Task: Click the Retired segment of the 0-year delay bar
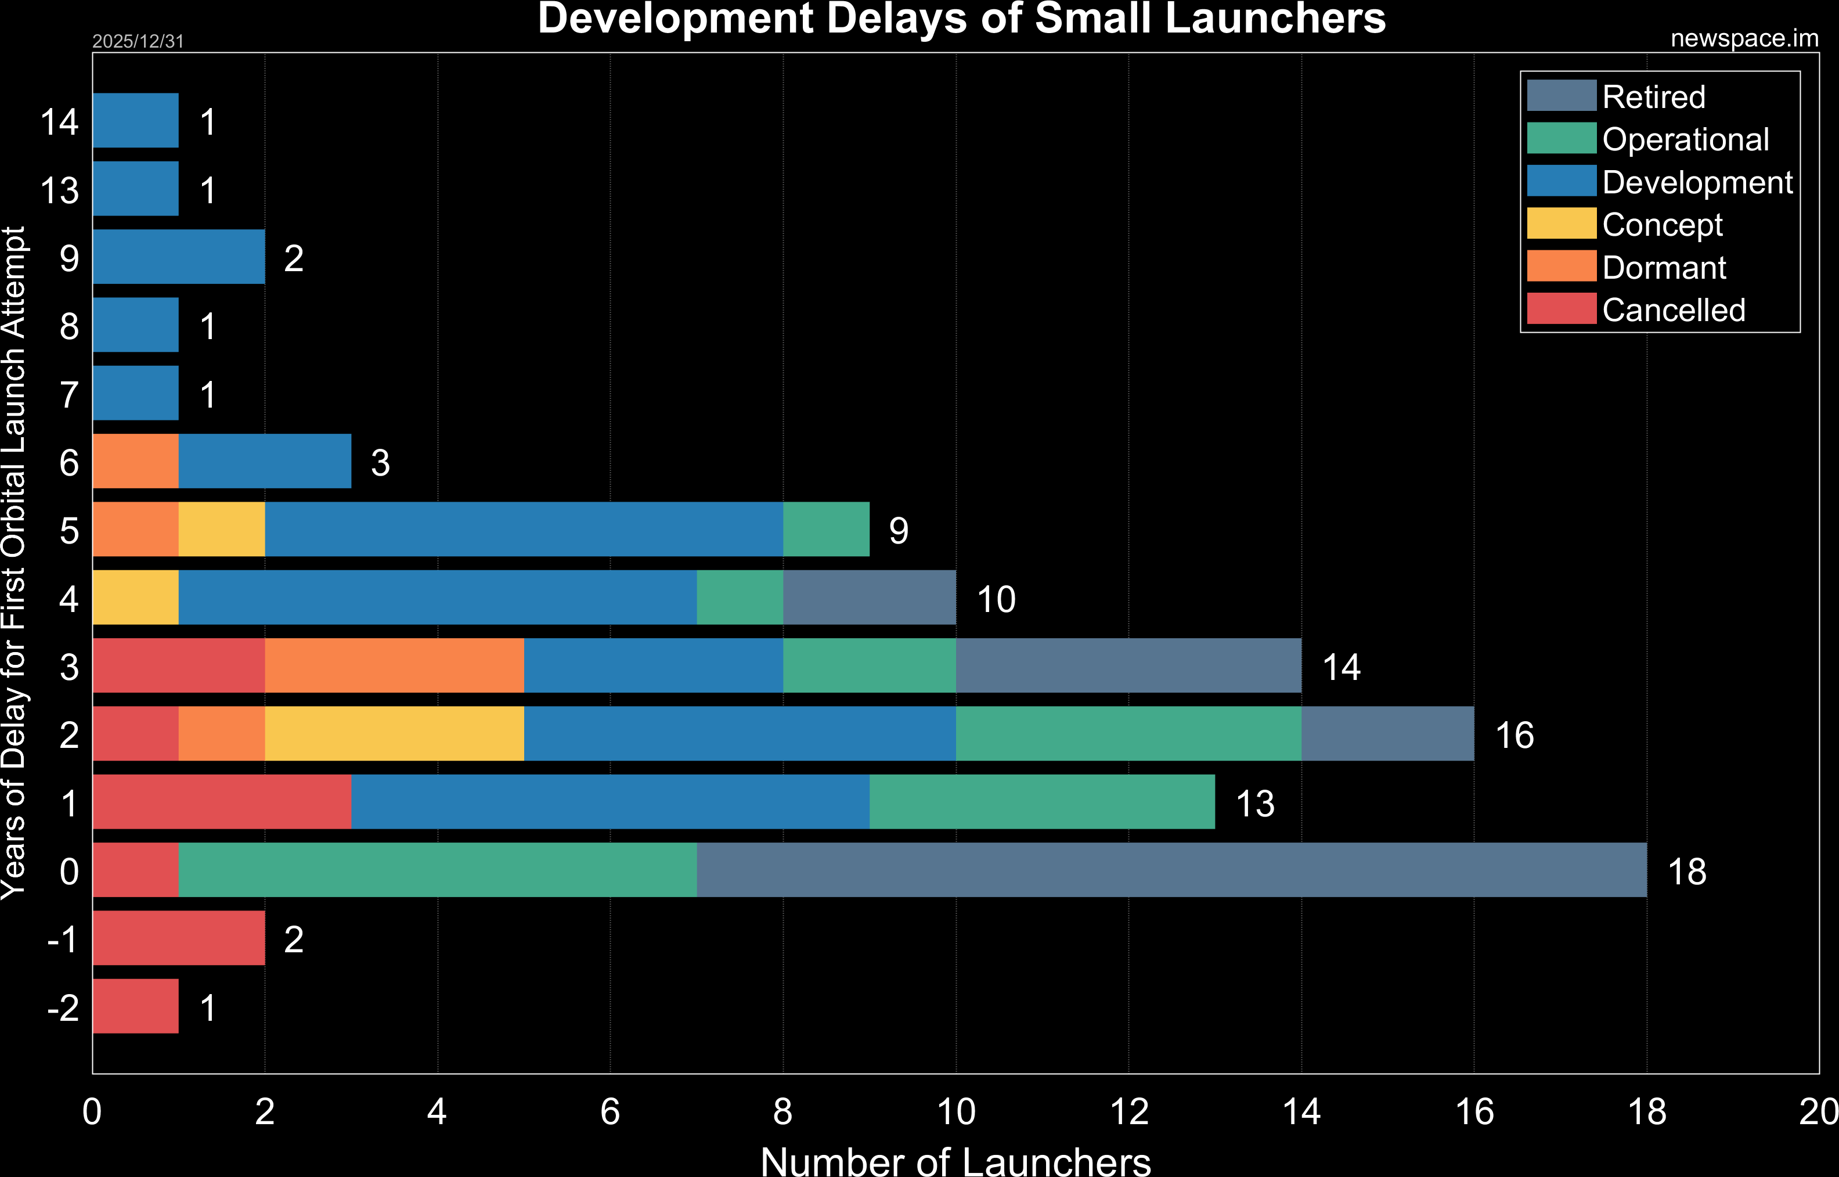point(1171,870)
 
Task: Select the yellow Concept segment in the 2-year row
point(394,734)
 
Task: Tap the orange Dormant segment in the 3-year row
point(394,665)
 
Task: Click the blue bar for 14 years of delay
point(135,120)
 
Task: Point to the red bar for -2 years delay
point(135,1006)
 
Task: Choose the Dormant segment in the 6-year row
point(135,461)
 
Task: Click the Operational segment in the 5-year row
point(826,529)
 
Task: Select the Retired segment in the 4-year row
point(870,597)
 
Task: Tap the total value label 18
point(1687,872)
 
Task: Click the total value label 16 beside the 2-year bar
point(1515,735)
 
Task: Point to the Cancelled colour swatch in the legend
point(1561,309)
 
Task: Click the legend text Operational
point(1685,139)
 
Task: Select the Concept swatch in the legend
point(1561,223)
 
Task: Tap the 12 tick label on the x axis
point(1128,1112)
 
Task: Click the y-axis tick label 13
point(60,190)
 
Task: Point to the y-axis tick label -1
point(63,940)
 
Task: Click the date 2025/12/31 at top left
point(138,41)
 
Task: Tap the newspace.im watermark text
point(1744,38)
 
